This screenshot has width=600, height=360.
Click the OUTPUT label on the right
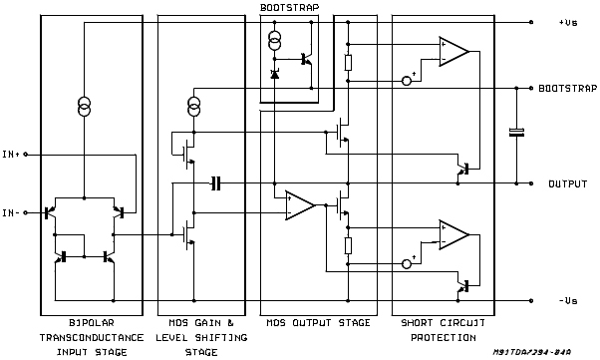point(567,184)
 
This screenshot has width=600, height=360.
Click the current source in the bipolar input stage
point(85,106)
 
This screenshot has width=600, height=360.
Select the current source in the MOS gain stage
point(193,106)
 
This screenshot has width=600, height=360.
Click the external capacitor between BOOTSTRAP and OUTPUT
point(516,133)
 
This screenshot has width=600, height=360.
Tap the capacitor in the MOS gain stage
point(214,183)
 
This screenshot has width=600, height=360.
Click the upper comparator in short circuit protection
point(454,52)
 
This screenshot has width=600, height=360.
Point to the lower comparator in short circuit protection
point(454,236)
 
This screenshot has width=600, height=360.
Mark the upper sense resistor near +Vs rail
point(347,63)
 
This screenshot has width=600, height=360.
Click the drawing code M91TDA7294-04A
point(539,352)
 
